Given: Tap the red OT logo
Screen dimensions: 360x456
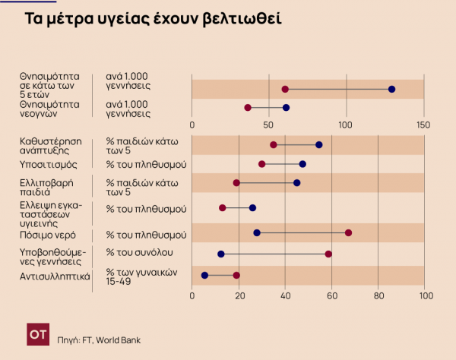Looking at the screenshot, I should point(36,333).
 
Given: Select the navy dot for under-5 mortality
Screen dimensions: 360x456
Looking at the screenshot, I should point(391,89).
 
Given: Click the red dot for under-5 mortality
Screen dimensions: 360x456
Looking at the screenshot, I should point(285,89).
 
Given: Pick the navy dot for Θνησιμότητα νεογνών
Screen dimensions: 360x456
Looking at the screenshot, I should point(286,108).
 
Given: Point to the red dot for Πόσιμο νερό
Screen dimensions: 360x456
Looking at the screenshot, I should point(348,232).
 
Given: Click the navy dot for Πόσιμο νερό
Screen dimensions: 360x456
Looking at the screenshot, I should point(257,232).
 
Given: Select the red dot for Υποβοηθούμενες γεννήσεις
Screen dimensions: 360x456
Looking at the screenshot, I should point(328,254).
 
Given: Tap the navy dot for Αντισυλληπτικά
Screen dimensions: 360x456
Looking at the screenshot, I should point(204,275).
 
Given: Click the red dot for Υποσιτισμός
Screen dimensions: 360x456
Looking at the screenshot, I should point(262,164).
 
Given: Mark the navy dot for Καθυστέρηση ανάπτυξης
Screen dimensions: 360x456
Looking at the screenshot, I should point(318,144).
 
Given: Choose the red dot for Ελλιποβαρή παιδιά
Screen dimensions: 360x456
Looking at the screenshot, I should point(236,183).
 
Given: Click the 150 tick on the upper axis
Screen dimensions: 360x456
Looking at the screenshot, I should point(423,125).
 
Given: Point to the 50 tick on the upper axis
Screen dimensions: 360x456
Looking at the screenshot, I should point(268,125).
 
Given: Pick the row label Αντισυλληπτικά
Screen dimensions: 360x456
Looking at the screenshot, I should point(55,276).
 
